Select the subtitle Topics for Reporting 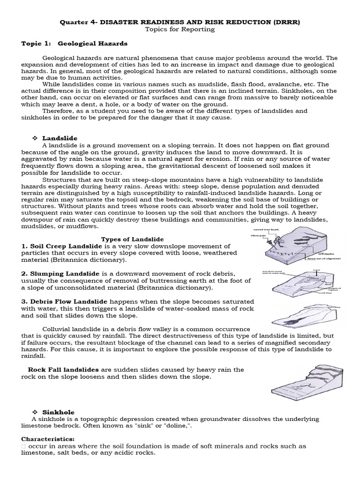pos(180,29)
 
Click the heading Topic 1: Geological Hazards pos(75,44)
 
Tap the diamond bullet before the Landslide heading pos(34,138)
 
